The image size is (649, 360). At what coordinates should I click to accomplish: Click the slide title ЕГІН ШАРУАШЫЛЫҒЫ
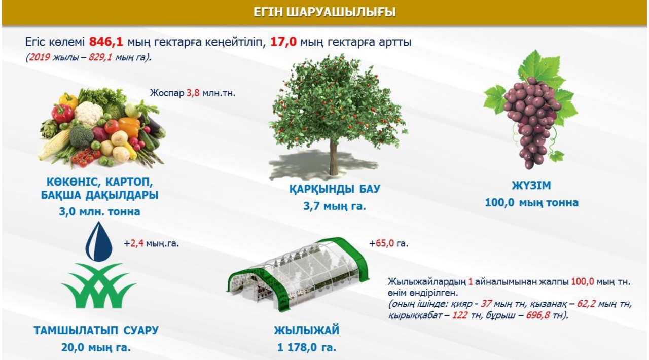pos(324,12)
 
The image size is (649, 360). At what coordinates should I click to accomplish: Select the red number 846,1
pos(106,42)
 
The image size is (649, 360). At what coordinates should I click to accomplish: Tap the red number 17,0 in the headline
pos(283,42)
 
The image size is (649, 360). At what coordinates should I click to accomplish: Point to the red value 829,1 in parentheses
pos(100,57)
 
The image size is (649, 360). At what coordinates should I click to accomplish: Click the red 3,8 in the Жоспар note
pos(193,93)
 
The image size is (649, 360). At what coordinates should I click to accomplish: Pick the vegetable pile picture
pos(101,128)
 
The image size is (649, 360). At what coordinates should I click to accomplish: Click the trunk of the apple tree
pos(334,158)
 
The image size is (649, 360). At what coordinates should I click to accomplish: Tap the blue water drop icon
pos(99,241)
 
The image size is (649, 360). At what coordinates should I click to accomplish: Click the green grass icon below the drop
pos(98,286)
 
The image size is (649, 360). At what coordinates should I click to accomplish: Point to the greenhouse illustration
pos(299,274)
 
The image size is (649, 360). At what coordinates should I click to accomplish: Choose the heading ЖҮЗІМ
pos(531,186)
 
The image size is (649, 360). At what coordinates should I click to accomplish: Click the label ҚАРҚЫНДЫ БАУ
pos(335,189)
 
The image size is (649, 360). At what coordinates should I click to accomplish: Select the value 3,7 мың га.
pos(335,206)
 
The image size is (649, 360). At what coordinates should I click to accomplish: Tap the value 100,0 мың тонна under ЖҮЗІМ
pos(532,203)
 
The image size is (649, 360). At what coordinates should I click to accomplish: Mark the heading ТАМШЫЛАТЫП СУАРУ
pos(96,331)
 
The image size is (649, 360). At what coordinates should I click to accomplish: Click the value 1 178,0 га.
pos(307,347)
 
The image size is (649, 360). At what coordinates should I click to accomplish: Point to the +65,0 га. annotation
pos(388,243)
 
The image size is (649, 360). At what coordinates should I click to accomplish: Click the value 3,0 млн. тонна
pos(100,212)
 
